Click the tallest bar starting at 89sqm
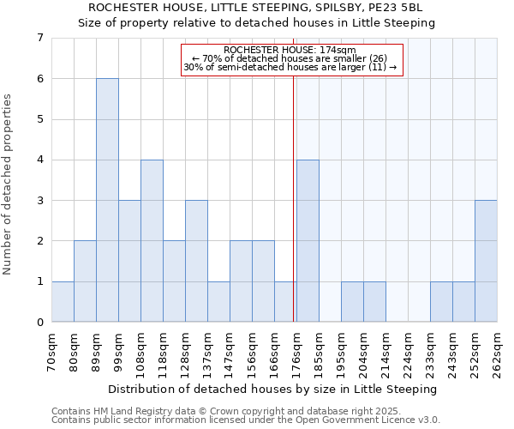pos(107,200)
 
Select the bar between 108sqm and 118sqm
pos(152,240)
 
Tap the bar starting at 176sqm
pos(308,240)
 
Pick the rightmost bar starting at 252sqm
pos(486,261)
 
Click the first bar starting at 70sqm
pos(63,301)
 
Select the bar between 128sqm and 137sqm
pos(196,261)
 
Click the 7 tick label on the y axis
pos(39,38)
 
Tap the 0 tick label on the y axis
pos(39,322)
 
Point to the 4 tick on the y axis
pos(39,160)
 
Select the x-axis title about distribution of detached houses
pos(273,389)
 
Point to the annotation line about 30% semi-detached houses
pos(290,67)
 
